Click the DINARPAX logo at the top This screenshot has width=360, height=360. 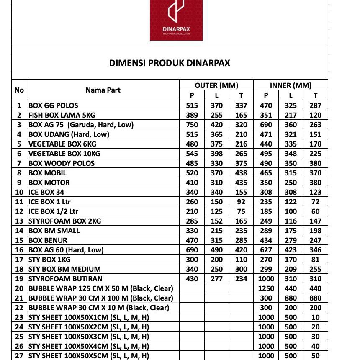click(x=176, y=20)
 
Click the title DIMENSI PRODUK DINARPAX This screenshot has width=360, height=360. click(x=170, y=63)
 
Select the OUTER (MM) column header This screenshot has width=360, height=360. click(x=216, y=85)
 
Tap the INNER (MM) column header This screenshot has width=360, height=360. click(x=291, y=85)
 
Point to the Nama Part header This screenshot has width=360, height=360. click(x=103, y=90)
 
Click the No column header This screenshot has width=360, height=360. click(x=19, y=90)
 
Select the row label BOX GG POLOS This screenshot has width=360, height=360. click(x=53, y=105)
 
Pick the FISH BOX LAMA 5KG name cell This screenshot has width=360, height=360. click(x=62, y=115)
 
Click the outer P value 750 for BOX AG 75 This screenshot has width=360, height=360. click(x=192, y=125)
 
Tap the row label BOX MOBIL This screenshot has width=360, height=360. click(x=47, y=173)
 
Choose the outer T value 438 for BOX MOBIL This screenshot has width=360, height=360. click(x=241, y=173)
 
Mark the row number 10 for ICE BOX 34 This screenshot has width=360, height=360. click(x=19, y=192)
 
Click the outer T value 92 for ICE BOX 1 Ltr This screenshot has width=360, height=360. click(x=241, y=202)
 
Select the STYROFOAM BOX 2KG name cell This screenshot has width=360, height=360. click(x=64, y=221)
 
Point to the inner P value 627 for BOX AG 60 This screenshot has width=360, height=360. click(x=266, y=250)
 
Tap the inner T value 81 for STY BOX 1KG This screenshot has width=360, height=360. click(x=315, y=260)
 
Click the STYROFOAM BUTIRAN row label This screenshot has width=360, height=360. click(x=65, y=279)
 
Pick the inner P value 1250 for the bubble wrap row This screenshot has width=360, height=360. click(x=266, y=288)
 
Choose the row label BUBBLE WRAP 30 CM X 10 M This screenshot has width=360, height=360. click(x=99, y=308)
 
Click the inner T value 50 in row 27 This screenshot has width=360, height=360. click(x=315, y=356)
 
